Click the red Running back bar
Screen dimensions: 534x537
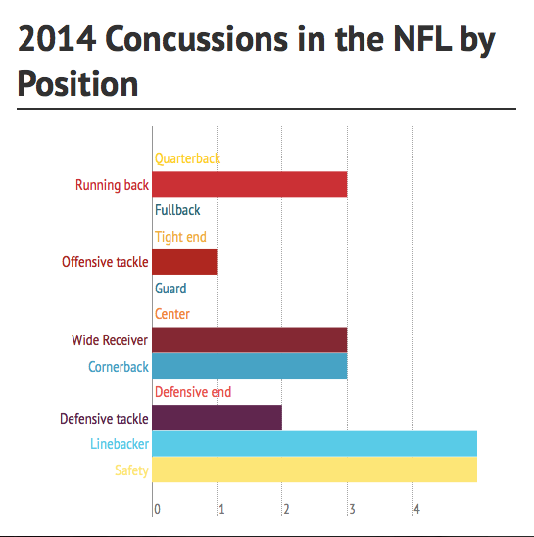pos(250,184)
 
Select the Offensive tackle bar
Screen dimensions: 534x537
pos(184,262)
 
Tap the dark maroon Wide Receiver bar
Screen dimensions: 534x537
pos(250,339)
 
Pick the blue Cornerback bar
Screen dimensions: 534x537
pos(250,366)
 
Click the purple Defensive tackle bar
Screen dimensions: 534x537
pos(218,418)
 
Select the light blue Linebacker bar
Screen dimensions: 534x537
pos(315,444)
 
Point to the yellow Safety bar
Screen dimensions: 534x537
pos(315,470)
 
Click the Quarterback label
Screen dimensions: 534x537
pos(187,158)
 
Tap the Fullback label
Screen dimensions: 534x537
pos(177,210)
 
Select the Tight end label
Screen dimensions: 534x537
pos(180,237)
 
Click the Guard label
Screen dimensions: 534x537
pos(170,289)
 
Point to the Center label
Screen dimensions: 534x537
pos(172,314)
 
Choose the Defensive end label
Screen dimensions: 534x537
pos(193,392)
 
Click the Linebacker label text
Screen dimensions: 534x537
pos(120,444)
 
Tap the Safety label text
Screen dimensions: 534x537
pos(131,470)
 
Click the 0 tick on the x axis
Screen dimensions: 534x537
pos(157,509)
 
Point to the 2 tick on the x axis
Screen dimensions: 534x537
pos(286,509)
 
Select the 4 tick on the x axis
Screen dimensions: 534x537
pos(416,509)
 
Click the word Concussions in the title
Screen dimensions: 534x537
pos(197,39)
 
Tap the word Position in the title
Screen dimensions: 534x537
pos(77,84)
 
